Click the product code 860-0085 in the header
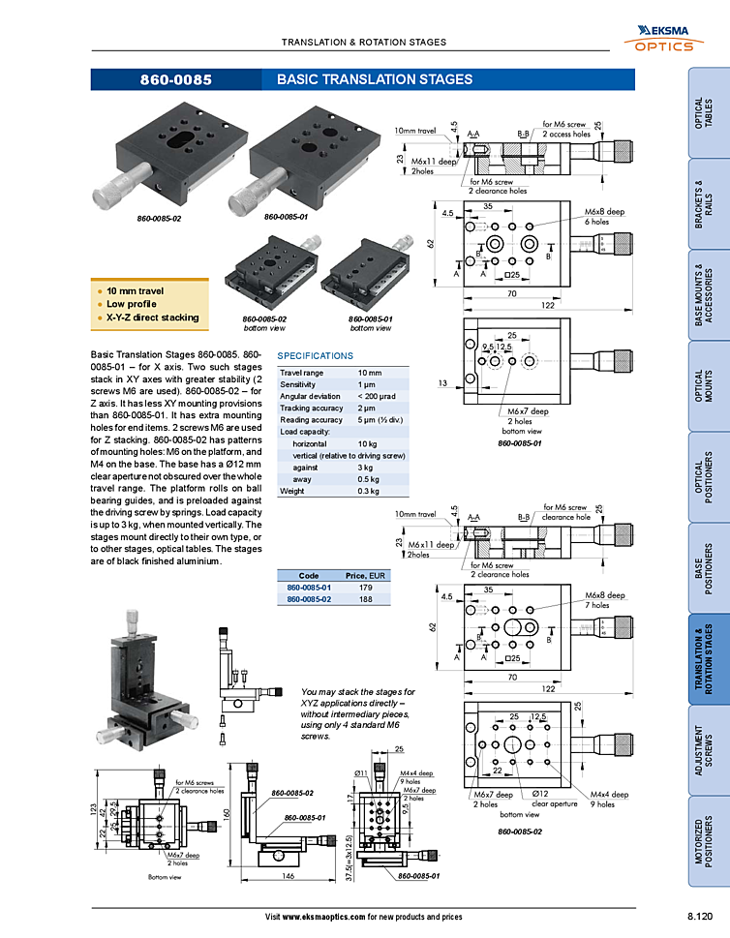[x=175, y=80]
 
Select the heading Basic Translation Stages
[x=374, y=79]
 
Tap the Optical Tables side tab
[x=709, y=113]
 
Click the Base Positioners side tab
[x=709, y=567]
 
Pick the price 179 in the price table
[x=365, y=588]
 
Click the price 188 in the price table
[x=365, y=599]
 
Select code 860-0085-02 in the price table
[x=309, y=599]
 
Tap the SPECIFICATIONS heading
[x=316, y=356]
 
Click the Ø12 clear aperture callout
[x=554, y=799]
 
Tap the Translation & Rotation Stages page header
[x=363, y=43]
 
